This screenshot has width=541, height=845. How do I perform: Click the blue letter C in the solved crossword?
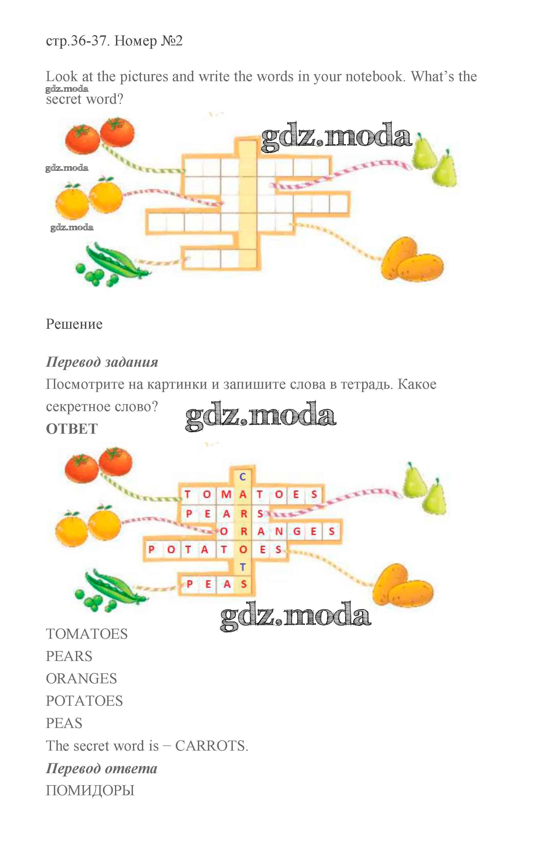pos(242,477)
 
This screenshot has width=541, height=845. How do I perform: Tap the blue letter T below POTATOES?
pos(242,567)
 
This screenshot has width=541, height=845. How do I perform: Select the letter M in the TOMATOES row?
pos(226,494)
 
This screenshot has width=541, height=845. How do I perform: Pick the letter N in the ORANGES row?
pos(279,531)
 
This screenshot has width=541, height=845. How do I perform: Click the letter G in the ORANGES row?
pos(297,531)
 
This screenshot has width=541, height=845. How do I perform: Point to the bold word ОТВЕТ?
pos(72,429)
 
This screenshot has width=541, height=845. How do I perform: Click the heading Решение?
pos(74,324)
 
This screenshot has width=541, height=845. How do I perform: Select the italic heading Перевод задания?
pos(102,362)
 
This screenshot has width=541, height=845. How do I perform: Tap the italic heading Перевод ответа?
pos(102,768)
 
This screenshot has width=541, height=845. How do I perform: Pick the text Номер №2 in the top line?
pos(148,41)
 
